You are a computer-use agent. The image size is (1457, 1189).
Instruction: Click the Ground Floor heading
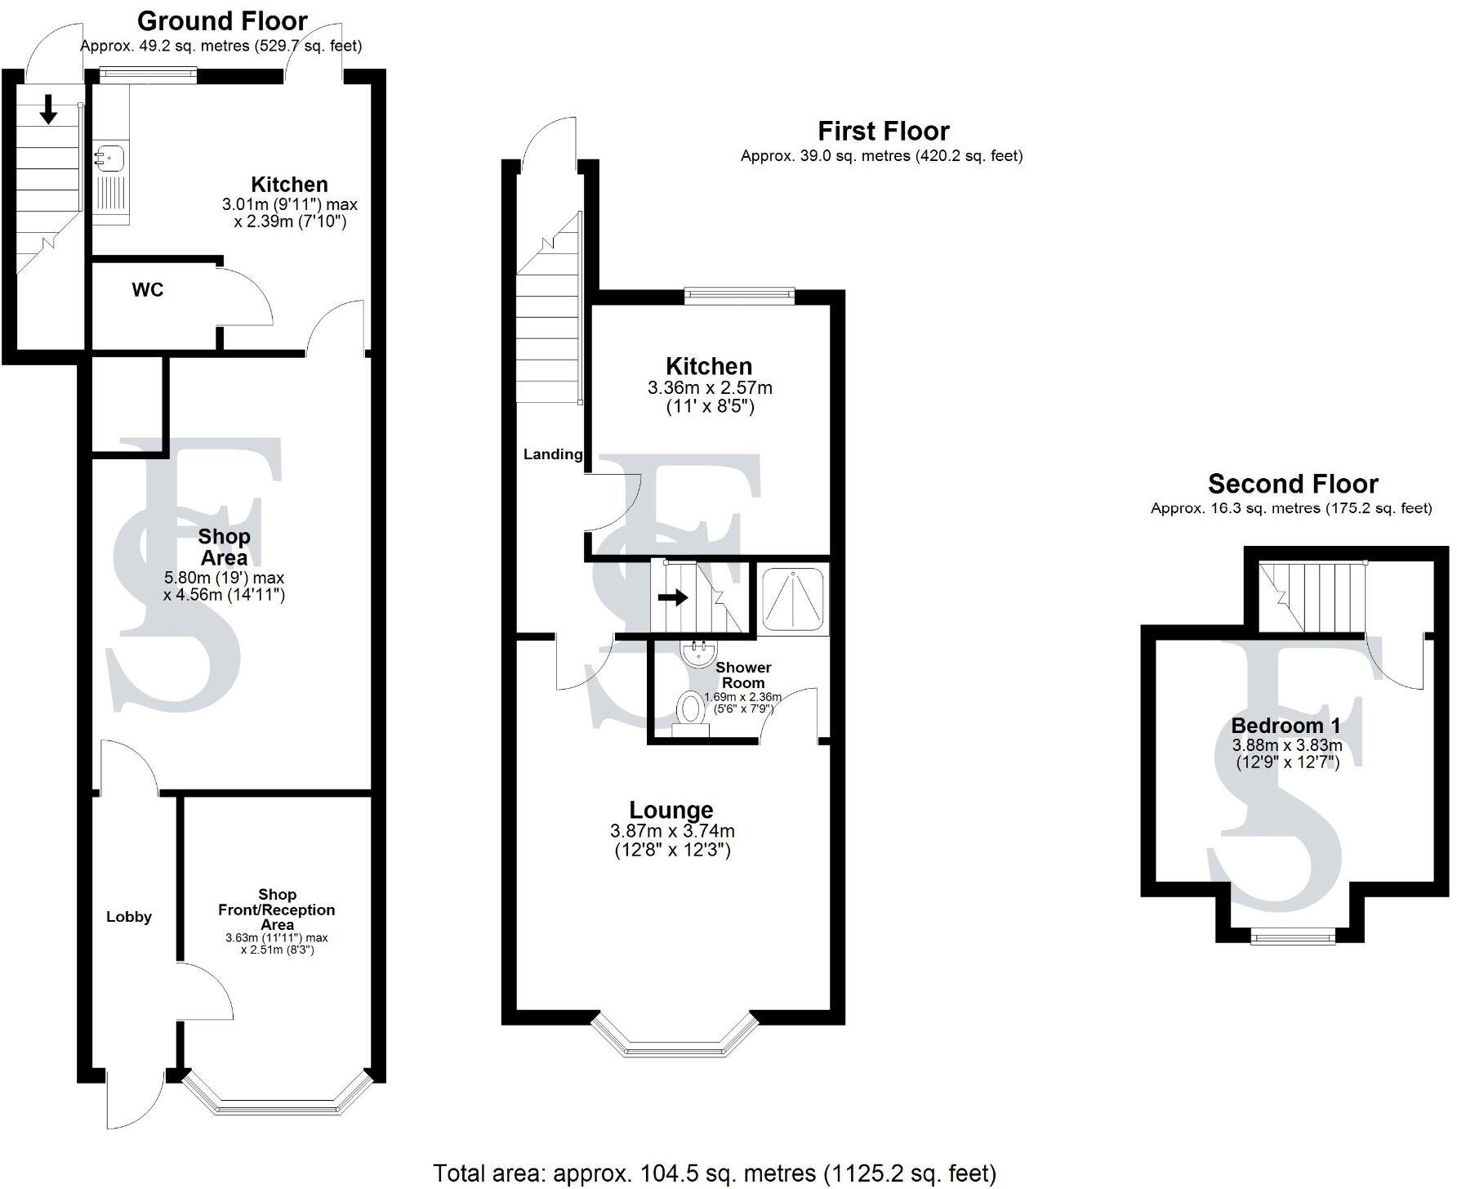[x=222, y=20]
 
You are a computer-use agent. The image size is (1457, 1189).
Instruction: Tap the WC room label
[x=148, y=290]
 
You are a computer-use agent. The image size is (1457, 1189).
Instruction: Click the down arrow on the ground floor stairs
[x=48, y=110]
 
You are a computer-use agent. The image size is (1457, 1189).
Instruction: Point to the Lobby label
[x=129, y=917]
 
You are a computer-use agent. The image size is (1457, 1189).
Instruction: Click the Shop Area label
[x=224, y=548]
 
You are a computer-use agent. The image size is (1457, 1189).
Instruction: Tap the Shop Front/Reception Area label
[x=277, y=909]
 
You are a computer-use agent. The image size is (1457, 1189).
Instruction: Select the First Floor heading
[x=884, y=131]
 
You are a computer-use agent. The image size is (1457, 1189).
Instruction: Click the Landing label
[x=553, y=454]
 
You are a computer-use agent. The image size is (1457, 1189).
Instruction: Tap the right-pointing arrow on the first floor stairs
[x=673, y=598]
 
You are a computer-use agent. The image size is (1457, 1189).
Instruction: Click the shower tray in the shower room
[x=793, y=599]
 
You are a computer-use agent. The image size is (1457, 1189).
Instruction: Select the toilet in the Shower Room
[x=691, y=710]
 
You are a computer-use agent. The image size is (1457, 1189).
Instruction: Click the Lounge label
[x=671, y=810]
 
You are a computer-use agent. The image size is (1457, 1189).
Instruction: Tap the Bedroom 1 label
[x=1285, y=725]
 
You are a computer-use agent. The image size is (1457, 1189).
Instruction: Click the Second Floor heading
[x=1293, y=484]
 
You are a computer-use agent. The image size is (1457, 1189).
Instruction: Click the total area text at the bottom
[x=715, y=1173]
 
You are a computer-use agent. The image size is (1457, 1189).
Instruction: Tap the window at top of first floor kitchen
[x=738, y=295]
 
